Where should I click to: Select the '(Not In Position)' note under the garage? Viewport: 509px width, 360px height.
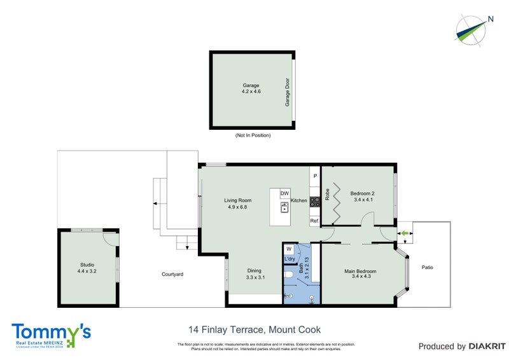pyautogui.click(x=253, y=135)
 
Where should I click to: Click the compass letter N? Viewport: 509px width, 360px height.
pyautogui.click(x=491, y=19)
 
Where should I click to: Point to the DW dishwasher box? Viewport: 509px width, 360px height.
pyautogui.click(x=284, y=193)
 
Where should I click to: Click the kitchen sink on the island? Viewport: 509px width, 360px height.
pyautogui.click(x=284, y=206)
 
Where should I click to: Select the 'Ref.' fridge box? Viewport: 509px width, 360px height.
pyautogui.click(x=314, y=221)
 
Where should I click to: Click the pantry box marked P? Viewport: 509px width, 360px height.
pyautogui.click(x=314, y=175)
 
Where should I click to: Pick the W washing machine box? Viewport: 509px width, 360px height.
pyautogui.click(x=289, y=249)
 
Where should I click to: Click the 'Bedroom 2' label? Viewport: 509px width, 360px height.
pyautogui.click(x=363, y=194)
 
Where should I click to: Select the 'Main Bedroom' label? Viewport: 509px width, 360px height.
pyautogui.click(x=360, y=272)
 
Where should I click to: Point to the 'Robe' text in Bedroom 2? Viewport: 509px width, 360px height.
pyautogui.click(x=327, y=195)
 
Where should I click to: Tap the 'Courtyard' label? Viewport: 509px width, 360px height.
pyautogui.click(x=172, y=274)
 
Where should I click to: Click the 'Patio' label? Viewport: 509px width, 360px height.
pyautogui.click(x=427, y=267)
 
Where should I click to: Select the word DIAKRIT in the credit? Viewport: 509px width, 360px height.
pyautogui.click(x=487, y=347)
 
